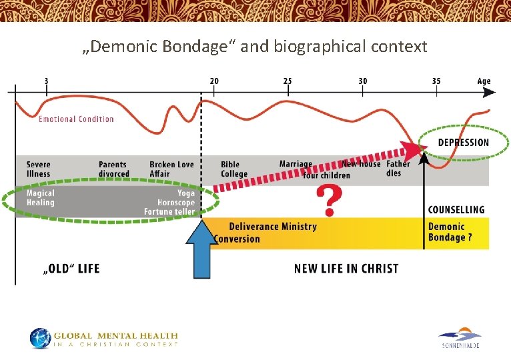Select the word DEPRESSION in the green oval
click(x=463, y=143)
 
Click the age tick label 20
click(x=213, y=81)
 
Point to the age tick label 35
click(x=436, y=81)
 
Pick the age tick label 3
click(x=46, y=81)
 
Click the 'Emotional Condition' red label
click(x=76, y=119)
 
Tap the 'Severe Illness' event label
click(x=39, y=169)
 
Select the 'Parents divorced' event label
click(x=114, y=169)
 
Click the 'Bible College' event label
click(x=234, y=169)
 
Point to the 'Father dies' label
click(x=398, y=168)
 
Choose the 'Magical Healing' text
click(x=41, y=198)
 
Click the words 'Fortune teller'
click(x=169, y=212)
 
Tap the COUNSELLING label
click(x=456, y=209)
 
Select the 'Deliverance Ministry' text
click(x=273, y=227)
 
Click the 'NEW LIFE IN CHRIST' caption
click(x=346, y=269)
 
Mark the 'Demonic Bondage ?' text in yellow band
click(x=450, y=232)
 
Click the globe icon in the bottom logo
click(x=40, y=338)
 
